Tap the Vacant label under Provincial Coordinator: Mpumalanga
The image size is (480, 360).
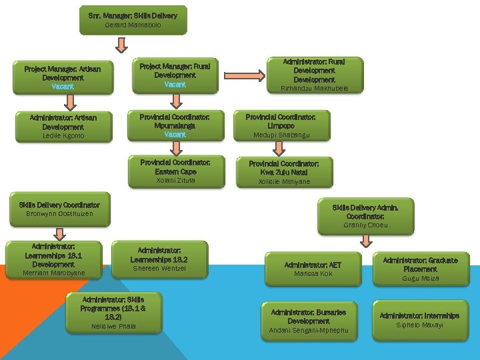pos(175,135)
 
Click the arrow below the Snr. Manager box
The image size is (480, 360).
pos(121,45)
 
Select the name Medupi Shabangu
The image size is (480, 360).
pos(281,135)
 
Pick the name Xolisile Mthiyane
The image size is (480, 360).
pos(284,181)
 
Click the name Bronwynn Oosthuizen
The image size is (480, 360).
pos(59,214)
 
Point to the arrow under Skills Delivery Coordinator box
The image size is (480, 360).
pos(59,232)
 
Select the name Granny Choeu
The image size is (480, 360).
pos(365,225)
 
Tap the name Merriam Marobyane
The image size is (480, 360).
pos(54,273)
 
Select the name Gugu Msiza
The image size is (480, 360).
pos(420,279)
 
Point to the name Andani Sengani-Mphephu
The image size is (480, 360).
pos(308,331)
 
